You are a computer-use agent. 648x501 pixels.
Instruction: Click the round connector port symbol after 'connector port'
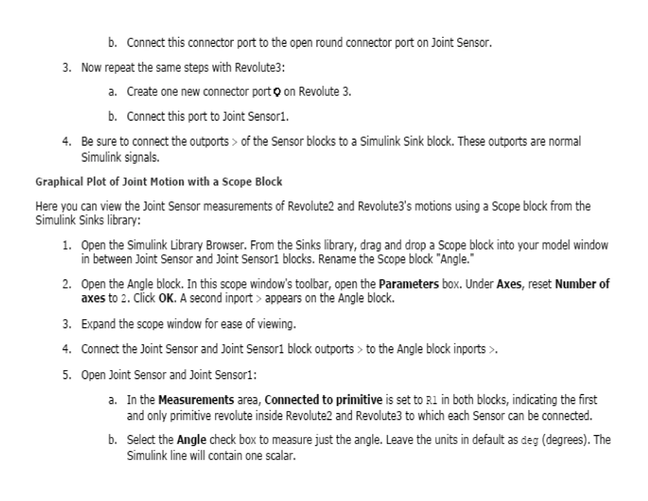(277, 92)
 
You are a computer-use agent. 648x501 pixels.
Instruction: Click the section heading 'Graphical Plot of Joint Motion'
(159, 182)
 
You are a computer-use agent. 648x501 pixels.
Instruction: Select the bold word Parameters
(408, 284)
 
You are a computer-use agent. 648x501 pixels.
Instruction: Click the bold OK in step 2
(166, 298)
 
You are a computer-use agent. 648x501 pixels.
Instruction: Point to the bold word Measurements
(196, 400)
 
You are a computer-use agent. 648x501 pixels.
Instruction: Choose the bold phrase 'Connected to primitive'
(323, 400)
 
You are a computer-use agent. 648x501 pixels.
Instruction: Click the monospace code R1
(431, 401)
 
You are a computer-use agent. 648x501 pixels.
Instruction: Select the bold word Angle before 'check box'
(191, 440)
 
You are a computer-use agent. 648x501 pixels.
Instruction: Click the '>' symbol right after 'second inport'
(259, 299)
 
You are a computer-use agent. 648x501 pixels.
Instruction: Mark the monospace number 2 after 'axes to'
(124, 299)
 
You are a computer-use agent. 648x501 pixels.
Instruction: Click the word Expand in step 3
(98, 324)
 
